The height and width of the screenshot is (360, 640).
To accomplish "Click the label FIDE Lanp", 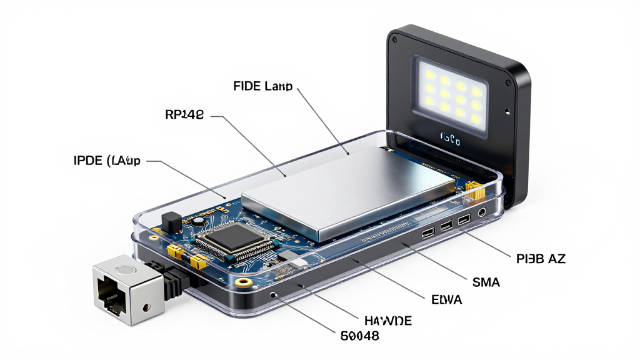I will (262, 86).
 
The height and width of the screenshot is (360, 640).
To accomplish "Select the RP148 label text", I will (184, 114).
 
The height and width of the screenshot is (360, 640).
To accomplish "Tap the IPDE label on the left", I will (107, 161).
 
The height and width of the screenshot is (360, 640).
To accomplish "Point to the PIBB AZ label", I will (541, 259).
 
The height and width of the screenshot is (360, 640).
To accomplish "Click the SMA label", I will (486, 282).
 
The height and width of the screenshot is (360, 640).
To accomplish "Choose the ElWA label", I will (446, 300).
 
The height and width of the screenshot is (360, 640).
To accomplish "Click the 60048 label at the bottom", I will (360, 336).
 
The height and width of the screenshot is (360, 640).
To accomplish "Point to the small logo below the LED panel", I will (450, 136).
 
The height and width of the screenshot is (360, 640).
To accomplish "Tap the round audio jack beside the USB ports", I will (481, 213).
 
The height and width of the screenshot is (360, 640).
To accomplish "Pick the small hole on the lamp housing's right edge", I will (507, 112).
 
